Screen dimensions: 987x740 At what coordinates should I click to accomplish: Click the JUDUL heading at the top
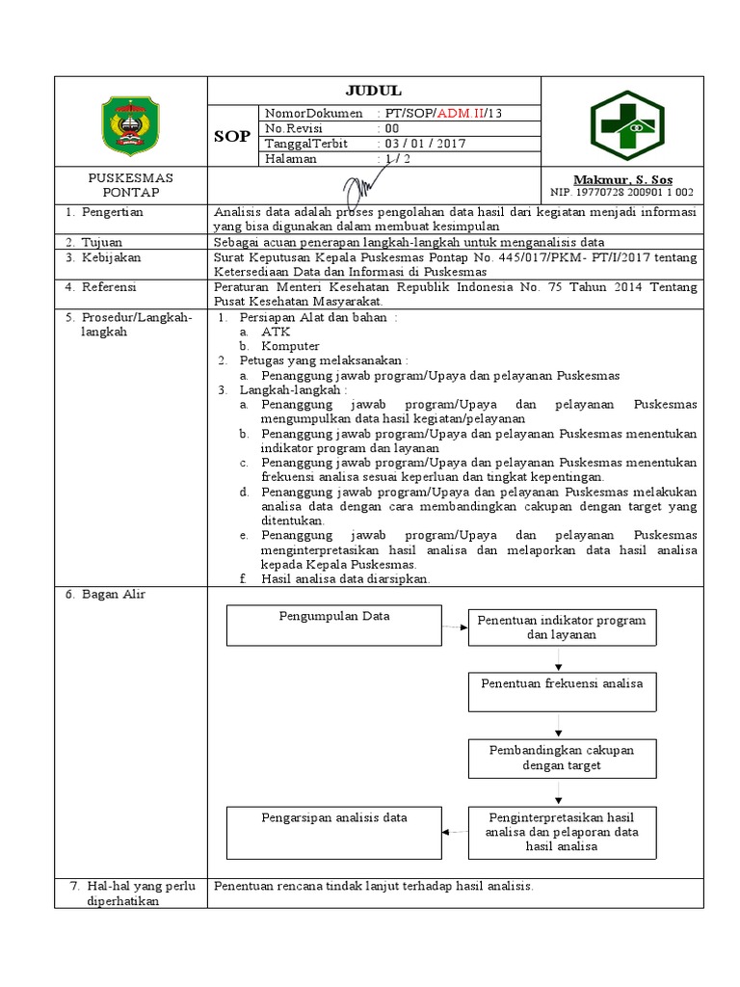pos(376,91)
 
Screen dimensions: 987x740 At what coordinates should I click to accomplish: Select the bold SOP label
pos(231,137)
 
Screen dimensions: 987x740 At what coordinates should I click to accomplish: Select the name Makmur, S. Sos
pos(622,180)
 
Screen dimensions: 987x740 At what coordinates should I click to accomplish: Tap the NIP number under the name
pos(622,193)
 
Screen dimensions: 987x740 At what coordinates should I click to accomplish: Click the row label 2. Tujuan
pos(95,241)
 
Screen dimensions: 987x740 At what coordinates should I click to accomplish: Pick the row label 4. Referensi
pos(100,286)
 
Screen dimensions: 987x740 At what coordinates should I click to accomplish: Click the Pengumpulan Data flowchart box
pos(334,625)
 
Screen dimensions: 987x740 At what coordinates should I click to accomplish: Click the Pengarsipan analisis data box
pos(334,831)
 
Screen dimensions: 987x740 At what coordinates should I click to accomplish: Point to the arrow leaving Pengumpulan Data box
pos(455,627)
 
